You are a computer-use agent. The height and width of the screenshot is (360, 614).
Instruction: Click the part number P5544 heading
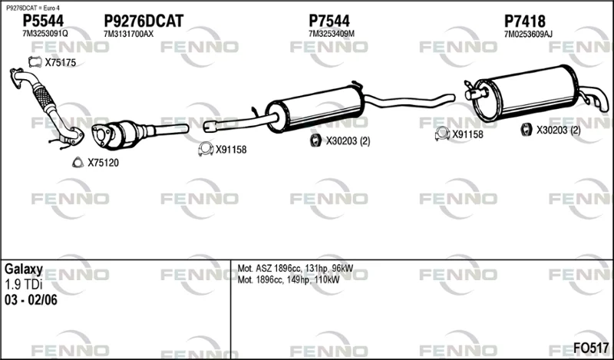pos(43,21)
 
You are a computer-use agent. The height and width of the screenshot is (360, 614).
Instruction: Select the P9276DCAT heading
pos(144,21)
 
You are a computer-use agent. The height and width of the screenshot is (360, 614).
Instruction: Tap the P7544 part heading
pos(329,21)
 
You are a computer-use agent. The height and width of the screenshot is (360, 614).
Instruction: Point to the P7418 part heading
pos(524,21)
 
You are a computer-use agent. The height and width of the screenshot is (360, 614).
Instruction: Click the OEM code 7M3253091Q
pos(45,34)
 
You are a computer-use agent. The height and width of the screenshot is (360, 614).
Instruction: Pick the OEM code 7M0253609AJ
pos(528,34)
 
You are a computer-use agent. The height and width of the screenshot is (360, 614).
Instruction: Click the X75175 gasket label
pos(61,62)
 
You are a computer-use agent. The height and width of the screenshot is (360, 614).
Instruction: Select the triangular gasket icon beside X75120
pos(78,162)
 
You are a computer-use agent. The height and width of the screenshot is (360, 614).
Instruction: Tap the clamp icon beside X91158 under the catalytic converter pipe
pos(206,149)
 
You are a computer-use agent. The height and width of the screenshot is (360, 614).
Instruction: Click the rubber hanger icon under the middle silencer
pos(315,140)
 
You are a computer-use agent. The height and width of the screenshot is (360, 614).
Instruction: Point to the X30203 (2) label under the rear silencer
pos(558,130)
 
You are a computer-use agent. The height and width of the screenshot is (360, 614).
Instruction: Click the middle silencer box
pos(315,108)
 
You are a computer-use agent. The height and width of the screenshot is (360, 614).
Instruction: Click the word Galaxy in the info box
pos(24,269)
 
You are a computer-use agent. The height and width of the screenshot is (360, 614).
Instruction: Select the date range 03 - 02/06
pos(31,300)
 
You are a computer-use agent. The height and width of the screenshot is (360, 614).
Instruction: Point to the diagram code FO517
pos(591,348)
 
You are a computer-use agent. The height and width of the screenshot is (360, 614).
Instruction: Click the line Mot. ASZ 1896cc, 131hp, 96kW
pos(295,269)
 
